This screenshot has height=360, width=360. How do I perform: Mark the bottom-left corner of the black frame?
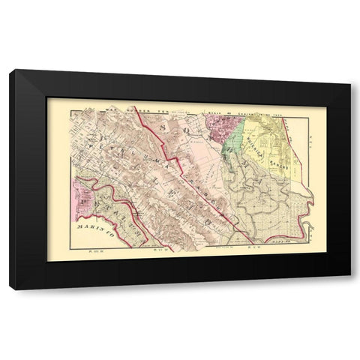(10, 288)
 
